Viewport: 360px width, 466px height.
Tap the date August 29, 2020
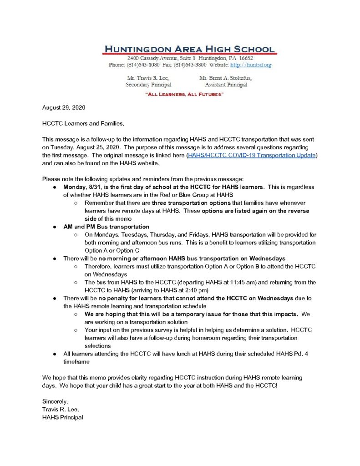[x=63, y=108]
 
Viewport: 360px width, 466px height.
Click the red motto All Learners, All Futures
[x=184, y=94]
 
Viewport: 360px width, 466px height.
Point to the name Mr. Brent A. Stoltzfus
[x=226, y=78]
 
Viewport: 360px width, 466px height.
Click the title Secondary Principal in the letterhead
[x=148, y=85]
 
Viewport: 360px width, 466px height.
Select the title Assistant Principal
[x=226, y=85]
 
